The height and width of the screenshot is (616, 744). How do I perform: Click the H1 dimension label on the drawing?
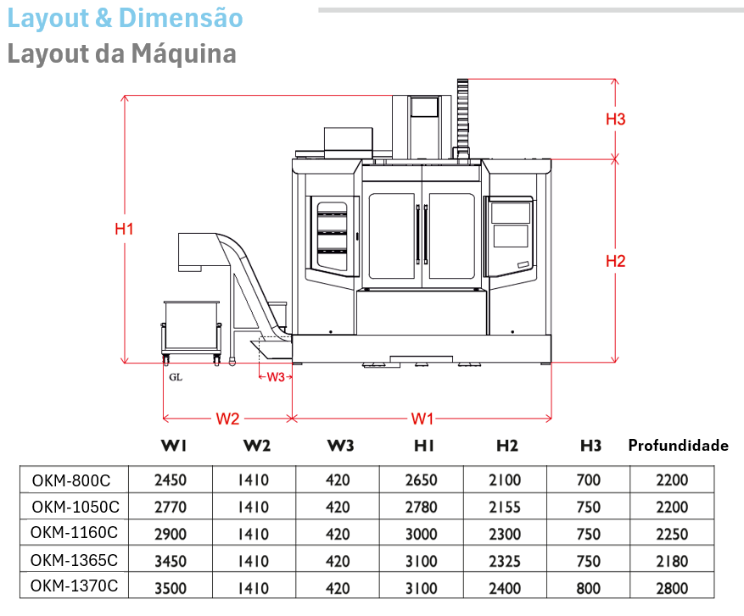click(125, 228)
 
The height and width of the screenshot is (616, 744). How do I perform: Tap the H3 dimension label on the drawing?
click(615, 119)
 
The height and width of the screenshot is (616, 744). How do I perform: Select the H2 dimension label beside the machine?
click(615, 261)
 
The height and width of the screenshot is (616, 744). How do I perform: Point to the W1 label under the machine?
click(422, 419)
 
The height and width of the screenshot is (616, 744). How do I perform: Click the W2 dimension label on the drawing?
click(227, 419)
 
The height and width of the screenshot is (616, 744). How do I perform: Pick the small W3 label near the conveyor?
click(276, 377)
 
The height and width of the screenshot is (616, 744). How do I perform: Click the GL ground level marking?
click(176, 377)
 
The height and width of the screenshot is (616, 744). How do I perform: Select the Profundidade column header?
click(678, 446)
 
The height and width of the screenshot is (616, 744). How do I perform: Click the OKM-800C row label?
click(71, 480)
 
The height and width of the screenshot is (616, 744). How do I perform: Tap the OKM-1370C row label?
click(74, 585)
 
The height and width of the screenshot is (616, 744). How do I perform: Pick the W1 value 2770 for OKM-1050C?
click(171, 508)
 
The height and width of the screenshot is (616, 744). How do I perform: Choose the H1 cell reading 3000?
click(422, 535)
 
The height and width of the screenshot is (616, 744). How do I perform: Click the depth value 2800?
click(672, 589)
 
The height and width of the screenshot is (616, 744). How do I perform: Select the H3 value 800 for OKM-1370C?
click(588, 589)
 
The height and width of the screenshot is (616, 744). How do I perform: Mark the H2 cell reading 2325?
click(506, 562)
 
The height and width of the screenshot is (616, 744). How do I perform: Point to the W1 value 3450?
click(171, 562)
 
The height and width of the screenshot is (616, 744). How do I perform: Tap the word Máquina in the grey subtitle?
click(183, 54)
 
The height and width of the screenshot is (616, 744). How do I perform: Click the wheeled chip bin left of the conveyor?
click(193, 330)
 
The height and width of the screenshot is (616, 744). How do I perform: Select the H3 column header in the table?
click(590, 446)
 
